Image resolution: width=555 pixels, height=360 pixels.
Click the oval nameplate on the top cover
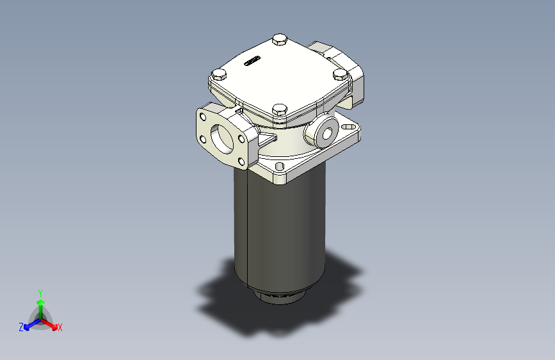252,62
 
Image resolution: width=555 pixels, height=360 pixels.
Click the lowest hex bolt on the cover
278,110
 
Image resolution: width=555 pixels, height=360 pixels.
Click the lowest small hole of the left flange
241,160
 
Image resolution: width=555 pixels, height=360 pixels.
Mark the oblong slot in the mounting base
349,127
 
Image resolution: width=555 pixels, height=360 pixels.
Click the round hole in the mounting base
280,168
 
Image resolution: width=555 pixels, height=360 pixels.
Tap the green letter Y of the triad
40,291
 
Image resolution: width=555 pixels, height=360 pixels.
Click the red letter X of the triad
60,327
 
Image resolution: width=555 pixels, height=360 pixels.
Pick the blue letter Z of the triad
21,327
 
